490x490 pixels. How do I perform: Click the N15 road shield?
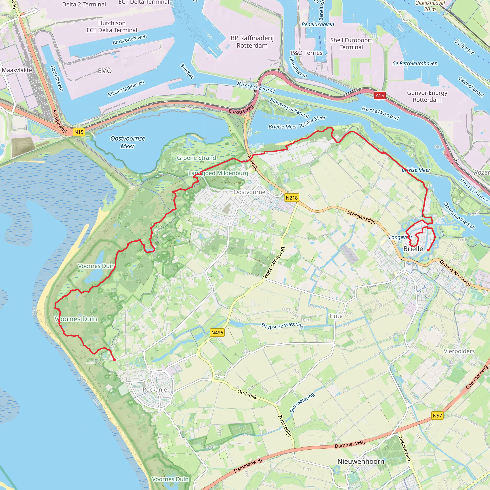(79, 132)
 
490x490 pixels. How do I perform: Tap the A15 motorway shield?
(380, 96)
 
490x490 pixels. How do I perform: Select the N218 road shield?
(292, 198)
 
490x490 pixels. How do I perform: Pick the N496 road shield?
(217, 333)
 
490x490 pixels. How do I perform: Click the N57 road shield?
(437, 415)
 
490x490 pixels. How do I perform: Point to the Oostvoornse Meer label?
(128, 142)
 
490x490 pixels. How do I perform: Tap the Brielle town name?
(413, 249)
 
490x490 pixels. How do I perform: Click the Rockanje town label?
(155, 389)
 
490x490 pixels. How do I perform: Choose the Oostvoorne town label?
(249, 192)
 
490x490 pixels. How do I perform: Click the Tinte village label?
(335, 316)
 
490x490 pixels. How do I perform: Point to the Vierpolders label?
(459, 351)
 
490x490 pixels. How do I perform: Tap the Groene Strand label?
(196, 158)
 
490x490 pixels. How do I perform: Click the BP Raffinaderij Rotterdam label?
(252, 42)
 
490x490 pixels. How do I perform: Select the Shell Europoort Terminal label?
(351, 44)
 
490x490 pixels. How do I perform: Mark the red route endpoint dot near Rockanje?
(114, 360)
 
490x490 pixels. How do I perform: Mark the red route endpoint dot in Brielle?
(428, 250)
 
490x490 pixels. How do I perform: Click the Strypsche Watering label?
(282, 325)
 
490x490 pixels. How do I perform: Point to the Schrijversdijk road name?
(361, 217)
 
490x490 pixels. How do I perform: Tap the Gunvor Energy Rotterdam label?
(427, 96)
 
